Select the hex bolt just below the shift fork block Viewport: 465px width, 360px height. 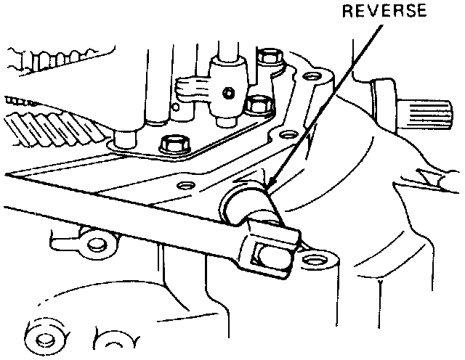click(256, 105)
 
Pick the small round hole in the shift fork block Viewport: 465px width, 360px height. click(229, 93)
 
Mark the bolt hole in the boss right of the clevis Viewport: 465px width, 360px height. click(315, 259)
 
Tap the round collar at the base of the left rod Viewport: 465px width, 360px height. click(126, 136)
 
